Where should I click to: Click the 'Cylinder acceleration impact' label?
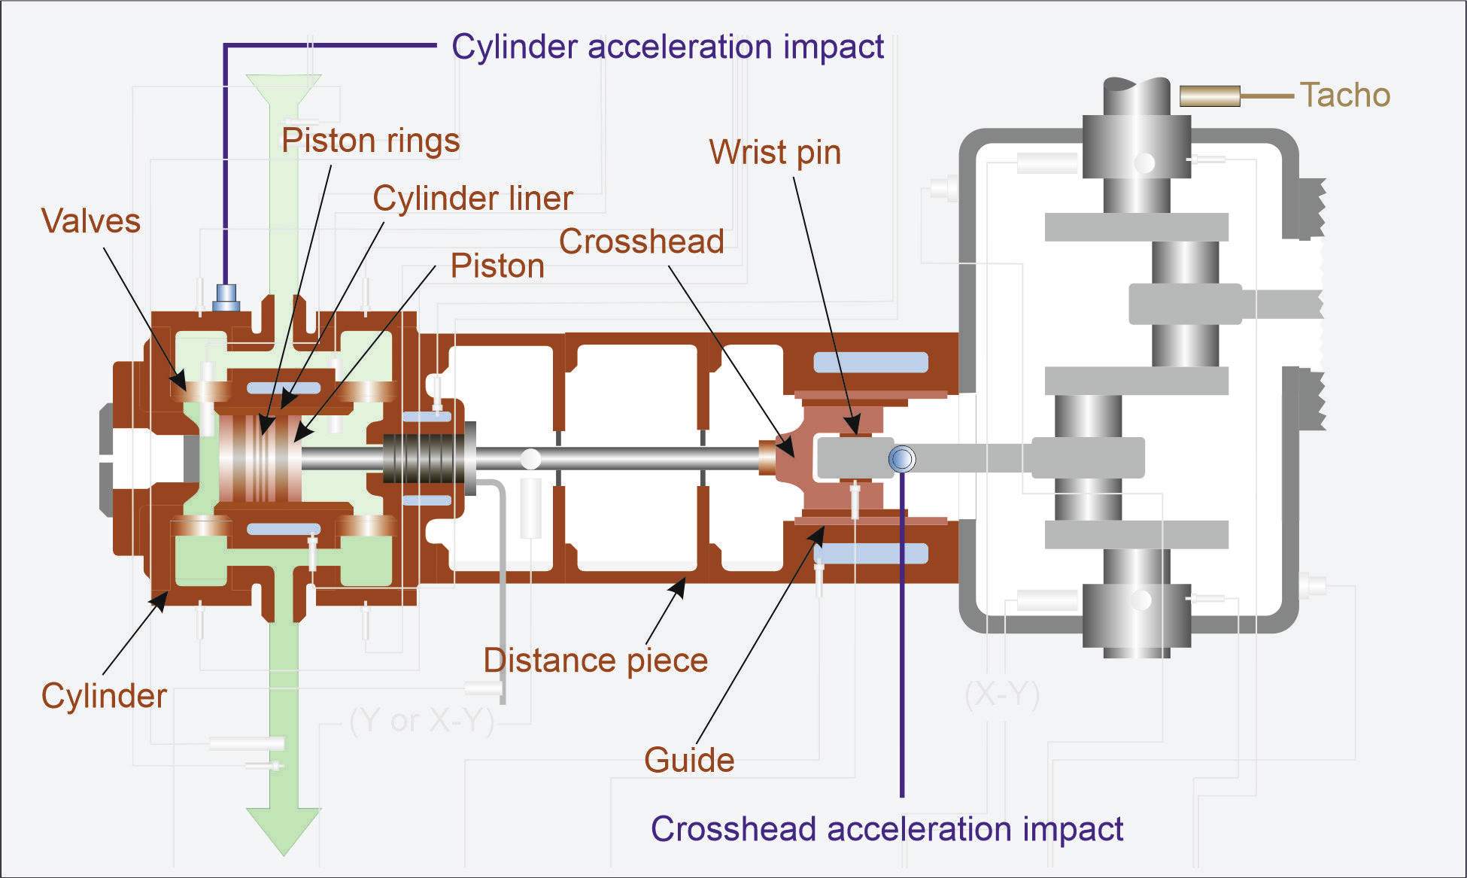tap(667, 47)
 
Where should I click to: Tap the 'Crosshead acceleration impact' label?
tap(886, 829)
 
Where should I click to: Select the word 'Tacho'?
tap(1344, 96)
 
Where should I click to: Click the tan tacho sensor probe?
tap(1209, 96)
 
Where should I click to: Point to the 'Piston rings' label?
tap(370, 141)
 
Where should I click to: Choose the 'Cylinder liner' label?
tap(472, 199)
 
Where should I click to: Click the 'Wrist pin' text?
tap(774, 153)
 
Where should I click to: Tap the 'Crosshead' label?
tap(641, 242)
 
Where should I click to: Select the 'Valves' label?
tap(91, 221)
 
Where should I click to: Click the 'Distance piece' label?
tap(595, 661)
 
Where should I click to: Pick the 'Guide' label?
tap(688, 760)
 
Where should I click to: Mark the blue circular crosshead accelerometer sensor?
tap(901, 458)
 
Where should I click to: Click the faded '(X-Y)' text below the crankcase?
tap(1001, 695)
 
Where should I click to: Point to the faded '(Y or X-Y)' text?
tap(421, 721)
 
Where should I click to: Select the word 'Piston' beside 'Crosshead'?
tap(497, 266)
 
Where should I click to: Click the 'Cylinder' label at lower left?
tap(104, 696)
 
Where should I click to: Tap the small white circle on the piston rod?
tap(530, 457)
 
